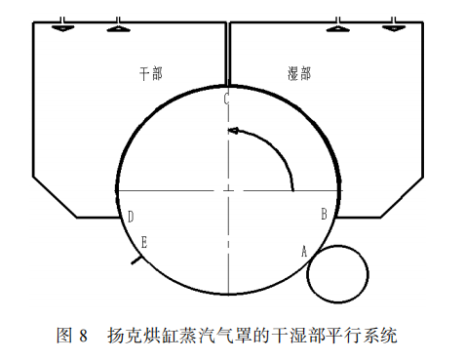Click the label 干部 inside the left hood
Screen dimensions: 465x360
click(151, 72)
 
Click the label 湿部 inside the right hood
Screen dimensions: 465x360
click(300, 72)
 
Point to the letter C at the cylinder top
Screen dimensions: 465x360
click(226, 99)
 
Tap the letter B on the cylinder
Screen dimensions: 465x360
click(324, 212)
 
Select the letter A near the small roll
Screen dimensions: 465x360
click(304, 251)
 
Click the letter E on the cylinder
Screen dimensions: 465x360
click(144, 241)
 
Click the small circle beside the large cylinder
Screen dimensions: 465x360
click(336, 272)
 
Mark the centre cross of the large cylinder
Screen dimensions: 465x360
click(227, 188)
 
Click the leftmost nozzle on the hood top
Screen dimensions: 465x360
click(60, 23)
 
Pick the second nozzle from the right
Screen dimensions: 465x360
click(338, 23)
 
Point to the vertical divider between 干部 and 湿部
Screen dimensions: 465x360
click(227, 54)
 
